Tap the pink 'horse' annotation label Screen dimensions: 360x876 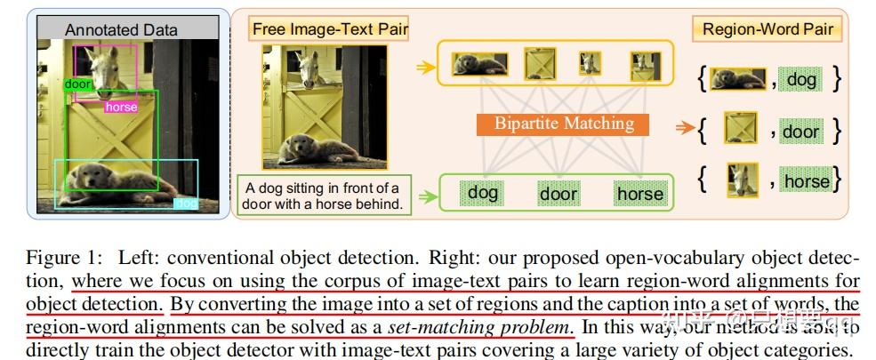click(x=121, y=108)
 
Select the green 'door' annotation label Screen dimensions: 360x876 click(x=77, y=84)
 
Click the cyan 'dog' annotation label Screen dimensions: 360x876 click(x=187, y=204)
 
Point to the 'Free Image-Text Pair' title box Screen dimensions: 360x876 click(x=329, y=29)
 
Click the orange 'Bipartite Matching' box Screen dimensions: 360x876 click(x=565, y=124)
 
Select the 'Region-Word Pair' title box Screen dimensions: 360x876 click(x=768, y=29)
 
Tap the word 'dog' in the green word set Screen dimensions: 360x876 click(x=483, y=192)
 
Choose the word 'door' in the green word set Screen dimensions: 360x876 click(x=558, y=193)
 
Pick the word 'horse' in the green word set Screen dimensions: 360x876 click(x=639, y=193)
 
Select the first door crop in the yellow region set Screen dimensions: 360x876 click(x=539, y=64)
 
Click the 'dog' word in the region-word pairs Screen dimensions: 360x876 click(x=800, y=80)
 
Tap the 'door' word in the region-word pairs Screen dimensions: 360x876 click(x=800, y=132)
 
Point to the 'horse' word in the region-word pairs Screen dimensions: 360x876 click(x=806, y=181)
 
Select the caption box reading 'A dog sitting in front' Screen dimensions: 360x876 click(x=322, y=195)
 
